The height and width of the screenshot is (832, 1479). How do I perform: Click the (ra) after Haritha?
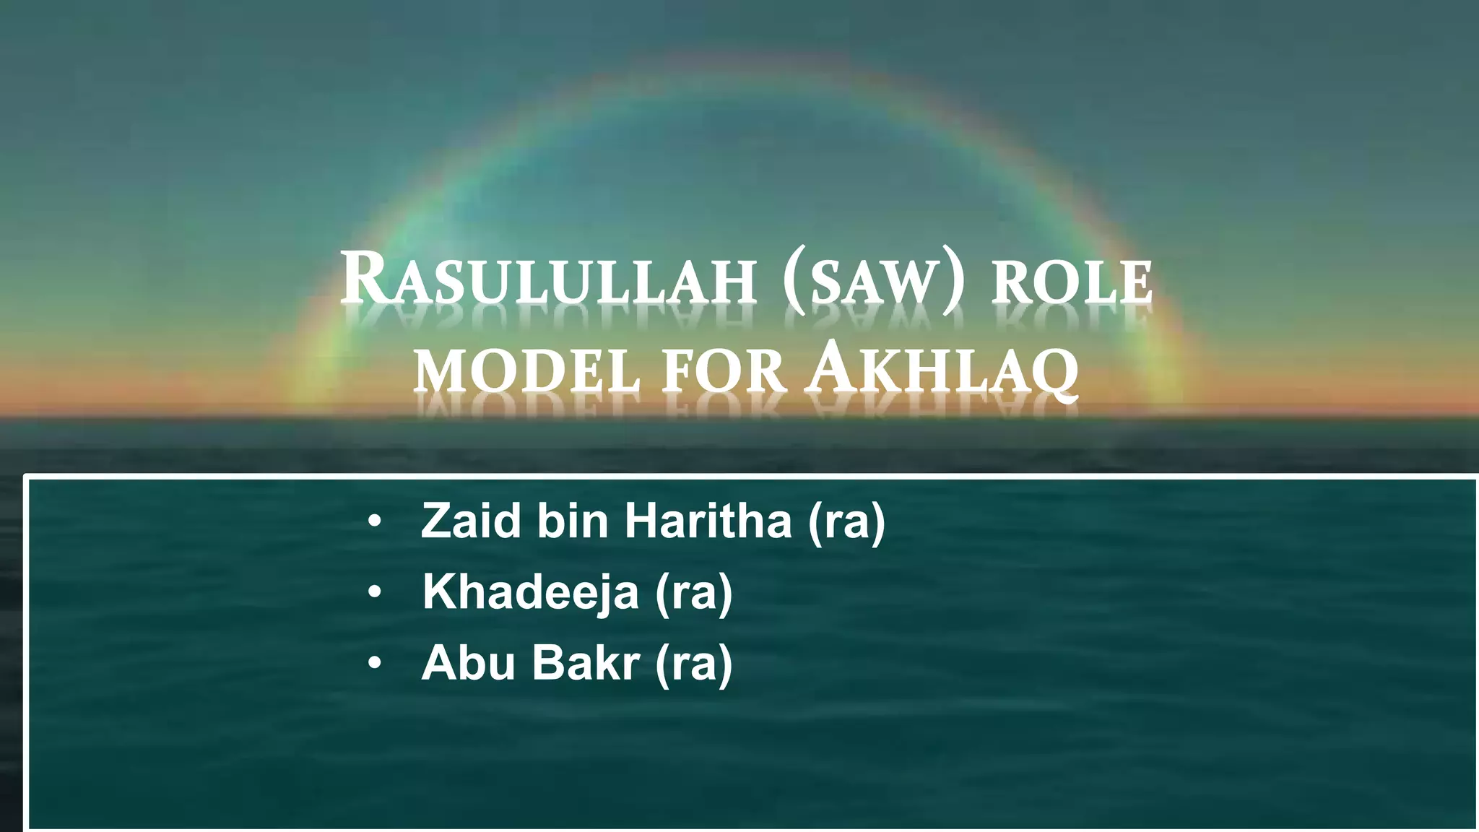point(846,521)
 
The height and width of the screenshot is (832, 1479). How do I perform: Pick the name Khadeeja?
point(531,591)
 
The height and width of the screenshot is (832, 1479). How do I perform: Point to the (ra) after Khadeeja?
point(693,593)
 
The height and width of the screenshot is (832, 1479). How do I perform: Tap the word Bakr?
point(586,662)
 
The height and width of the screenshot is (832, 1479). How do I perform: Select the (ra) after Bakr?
point(693,664)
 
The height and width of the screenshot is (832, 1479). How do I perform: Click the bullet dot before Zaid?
point(373,522)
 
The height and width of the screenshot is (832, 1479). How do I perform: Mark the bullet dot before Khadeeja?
point(373,593)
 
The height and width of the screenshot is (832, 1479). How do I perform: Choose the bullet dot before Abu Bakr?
point(373,664)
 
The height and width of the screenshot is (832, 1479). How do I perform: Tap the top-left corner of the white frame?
point(27,477)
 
